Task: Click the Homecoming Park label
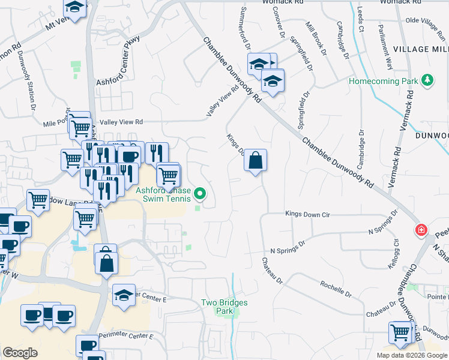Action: [383, 80]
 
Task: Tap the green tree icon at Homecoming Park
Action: [427, 80]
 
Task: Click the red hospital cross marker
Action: [421, 230]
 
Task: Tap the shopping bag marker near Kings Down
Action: [255, 161]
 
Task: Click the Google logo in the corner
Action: [20, 353]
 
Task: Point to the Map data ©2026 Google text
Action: [412, 355]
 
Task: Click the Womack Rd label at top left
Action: [280, 2]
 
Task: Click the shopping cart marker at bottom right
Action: [400, 332]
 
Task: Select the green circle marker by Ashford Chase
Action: [201, 193]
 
